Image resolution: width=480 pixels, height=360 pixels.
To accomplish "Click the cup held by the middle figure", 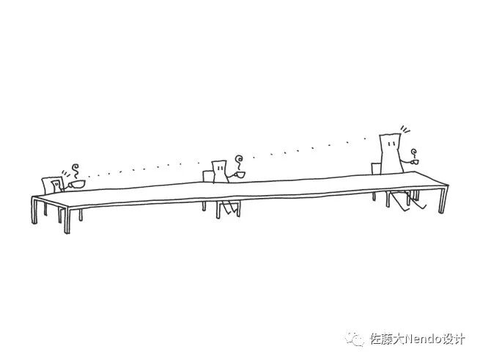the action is (239, 175).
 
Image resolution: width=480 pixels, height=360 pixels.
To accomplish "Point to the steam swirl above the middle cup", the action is (237, 160).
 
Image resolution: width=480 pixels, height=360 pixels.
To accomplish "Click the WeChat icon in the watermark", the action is (356, 339).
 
